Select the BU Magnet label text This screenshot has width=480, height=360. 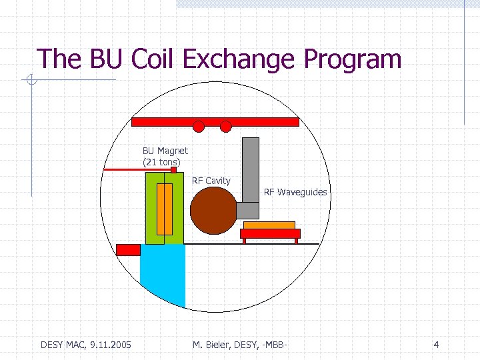pos(165,151)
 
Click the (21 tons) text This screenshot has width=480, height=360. pos(161,162)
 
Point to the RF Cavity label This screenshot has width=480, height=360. pos(211,181)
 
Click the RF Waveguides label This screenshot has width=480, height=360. pos(295,192)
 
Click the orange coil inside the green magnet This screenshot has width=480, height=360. pos(164,209)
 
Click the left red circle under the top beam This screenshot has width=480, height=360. pos(198,126)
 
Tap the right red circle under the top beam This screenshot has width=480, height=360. pos(225,126)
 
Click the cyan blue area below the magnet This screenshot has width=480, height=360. pos(161,273)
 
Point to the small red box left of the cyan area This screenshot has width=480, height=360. pos(128,250)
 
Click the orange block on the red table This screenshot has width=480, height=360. pos(269,225)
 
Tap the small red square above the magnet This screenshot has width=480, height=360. pos(173,170)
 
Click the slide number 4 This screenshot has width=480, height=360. pos(436,345)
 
